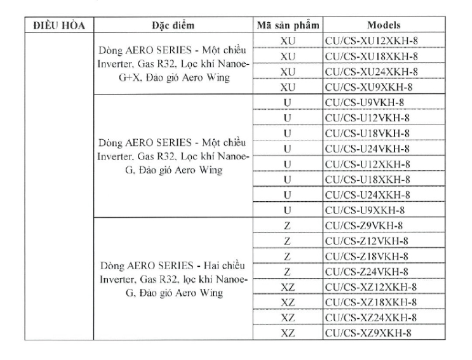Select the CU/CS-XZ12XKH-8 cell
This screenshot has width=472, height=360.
click(372, 287)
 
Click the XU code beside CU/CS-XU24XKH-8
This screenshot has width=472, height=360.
click(287, 72)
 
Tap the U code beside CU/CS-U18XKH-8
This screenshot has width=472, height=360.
click(287, 180)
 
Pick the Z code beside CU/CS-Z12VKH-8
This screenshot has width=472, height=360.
click(287, 241)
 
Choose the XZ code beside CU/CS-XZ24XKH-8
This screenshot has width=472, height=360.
click(287, 318)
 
